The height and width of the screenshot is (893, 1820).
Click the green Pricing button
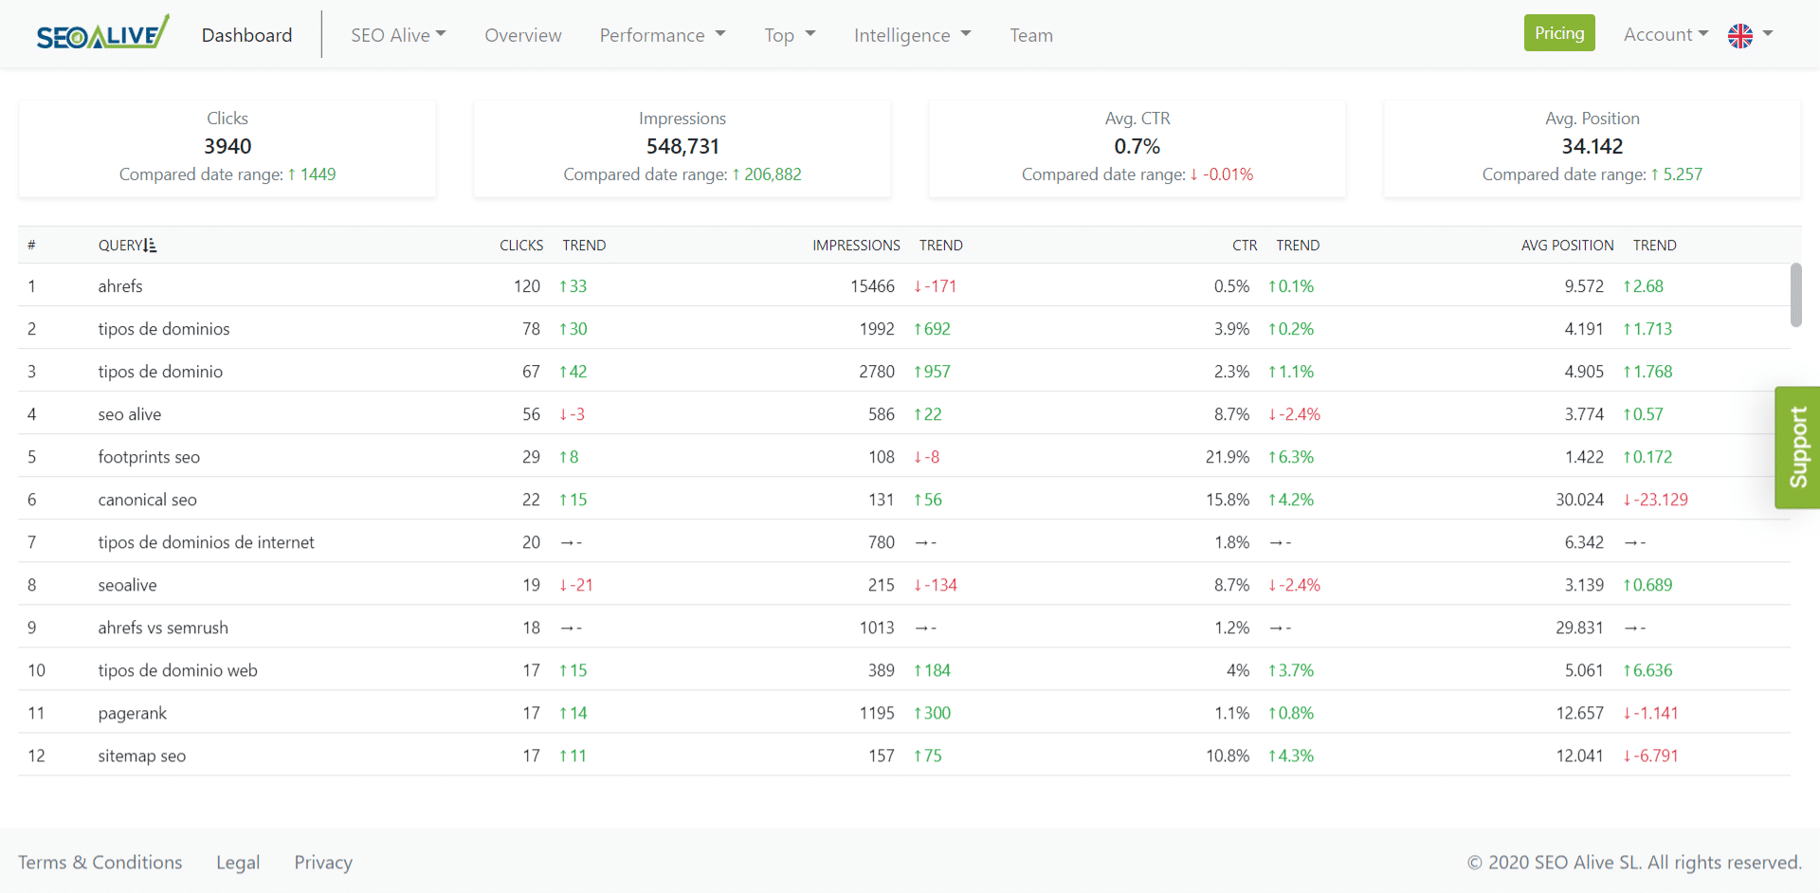[1559, 33]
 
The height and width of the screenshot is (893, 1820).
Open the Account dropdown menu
[1665, 34]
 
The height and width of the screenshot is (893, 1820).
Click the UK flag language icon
[1740, 35]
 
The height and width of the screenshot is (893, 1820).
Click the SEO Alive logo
[102, 33]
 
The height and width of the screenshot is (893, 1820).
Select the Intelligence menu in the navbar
[912, 35]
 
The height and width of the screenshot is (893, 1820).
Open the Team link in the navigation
[1031, 35]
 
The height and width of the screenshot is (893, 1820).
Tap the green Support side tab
[1797, 447]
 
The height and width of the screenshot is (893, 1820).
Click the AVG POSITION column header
[1567, 246]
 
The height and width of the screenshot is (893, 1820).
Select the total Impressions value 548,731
[682, 146]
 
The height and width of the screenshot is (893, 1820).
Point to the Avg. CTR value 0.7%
[1137, 146]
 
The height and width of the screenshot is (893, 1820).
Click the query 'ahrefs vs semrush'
[163, 628]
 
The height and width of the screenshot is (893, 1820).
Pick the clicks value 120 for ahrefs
[527, 286]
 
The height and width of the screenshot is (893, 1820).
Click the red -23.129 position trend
[1655, 500]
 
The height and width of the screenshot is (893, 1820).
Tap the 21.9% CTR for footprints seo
[1228, 457]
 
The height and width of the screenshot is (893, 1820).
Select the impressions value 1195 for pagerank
[876, 713]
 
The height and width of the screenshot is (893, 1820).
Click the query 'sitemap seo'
[142, 756]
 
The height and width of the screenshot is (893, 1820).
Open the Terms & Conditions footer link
[100, 863]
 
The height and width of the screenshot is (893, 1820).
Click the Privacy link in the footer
[323, 863]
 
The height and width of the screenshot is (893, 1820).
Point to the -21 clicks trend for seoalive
[576, 585]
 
